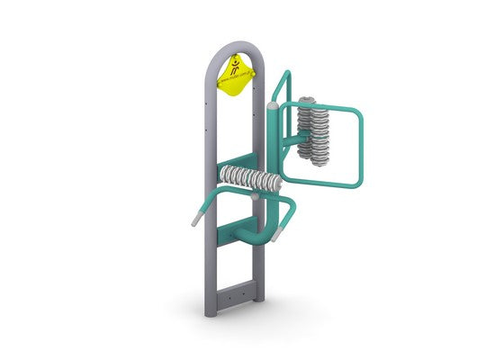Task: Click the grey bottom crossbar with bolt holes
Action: (x=235, y=293)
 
